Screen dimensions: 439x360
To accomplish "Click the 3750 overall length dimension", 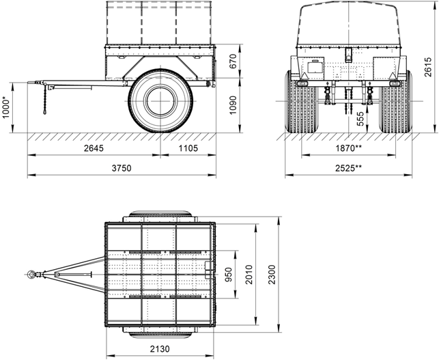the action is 122,168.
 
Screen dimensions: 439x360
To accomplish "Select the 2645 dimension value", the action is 94,148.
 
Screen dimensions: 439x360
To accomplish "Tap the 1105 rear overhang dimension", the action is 188,148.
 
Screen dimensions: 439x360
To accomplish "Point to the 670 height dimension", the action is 233,61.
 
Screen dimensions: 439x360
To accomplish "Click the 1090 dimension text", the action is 233,105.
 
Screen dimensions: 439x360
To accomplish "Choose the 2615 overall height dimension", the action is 428,67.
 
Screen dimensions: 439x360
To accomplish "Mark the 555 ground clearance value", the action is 360,118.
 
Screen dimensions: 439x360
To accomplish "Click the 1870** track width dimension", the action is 349,148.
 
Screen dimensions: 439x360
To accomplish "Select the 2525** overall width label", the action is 348,168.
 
